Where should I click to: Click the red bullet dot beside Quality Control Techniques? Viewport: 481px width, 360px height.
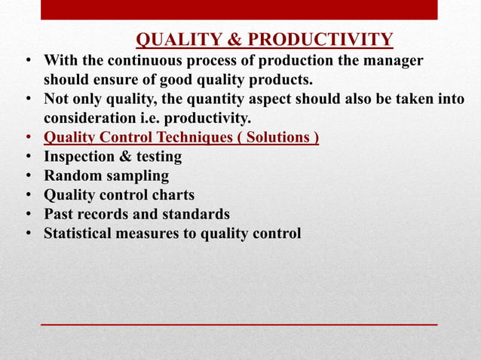point(28,139)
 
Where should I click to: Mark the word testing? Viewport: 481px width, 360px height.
point(156,157)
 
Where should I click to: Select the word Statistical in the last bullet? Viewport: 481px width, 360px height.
point(81,234)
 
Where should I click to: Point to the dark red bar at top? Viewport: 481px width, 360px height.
point(239,10)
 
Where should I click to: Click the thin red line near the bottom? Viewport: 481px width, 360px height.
point(239,324)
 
